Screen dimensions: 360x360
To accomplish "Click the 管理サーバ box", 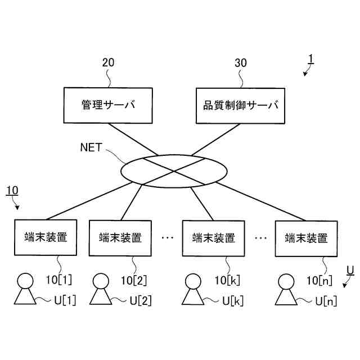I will tap(108, 105).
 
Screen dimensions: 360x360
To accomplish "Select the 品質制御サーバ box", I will tap(240, 105).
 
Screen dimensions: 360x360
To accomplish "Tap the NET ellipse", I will tap(174, 170).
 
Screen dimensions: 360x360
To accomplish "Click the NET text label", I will tap(92, 148).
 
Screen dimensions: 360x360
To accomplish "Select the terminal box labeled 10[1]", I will tap(46, 237).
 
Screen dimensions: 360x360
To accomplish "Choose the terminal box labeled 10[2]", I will tap(120, 238).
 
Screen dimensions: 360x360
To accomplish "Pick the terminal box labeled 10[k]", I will tap(214, 238).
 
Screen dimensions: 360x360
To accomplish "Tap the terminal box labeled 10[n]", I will tap(307, 238).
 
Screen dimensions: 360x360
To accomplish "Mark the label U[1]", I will tap(65, 300).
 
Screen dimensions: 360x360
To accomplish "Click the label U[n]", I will tap(326, 301).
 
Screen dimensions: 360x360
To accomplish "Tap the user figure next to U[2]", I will tap(101, 290).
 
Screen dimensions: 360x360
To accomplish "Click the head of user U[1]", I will tap(25, 280).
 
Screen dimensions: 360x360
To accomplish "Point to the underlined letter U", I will tap(350, 271).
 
